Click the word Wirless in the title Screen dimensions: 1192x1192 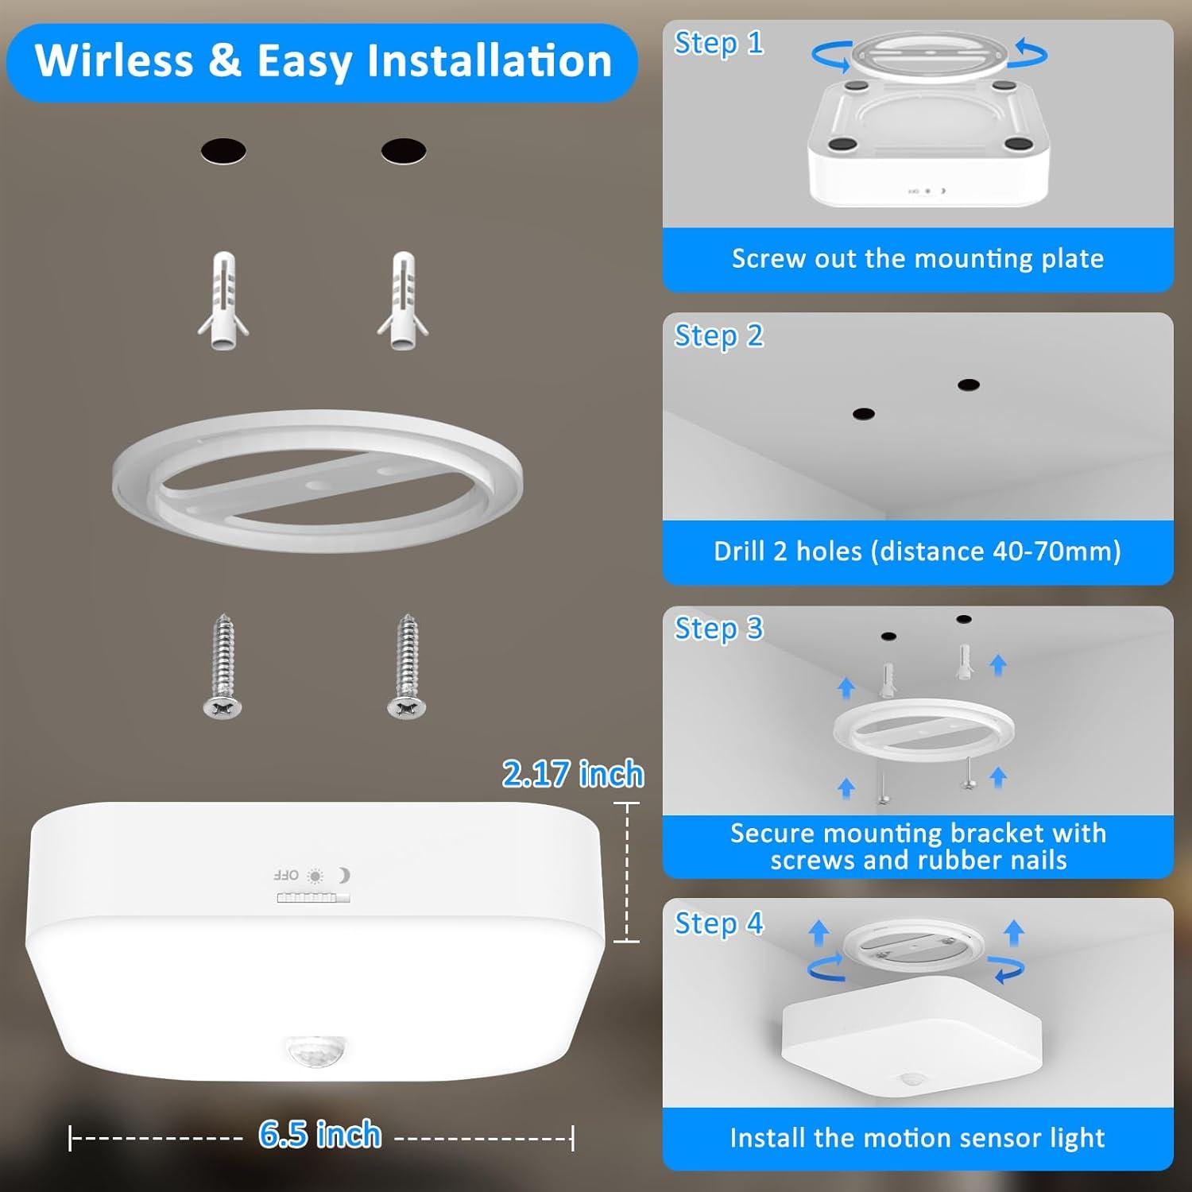pos(114,61)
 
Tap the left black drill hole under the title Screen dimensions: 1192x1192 pos(223,150)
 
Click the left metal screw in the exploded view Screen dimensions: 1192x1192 pos(223,667)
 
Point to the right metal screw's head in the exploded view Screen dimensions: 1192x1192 pos(406,706)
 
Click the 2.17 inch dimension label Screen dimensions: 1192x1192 pos(572,774)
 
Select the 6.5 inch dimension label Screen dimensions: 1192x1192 pos(320,1135)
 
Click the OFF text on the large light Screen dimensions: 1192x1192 pos(286,876)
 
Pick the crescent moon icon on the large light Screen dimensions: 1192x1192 pos(343,875)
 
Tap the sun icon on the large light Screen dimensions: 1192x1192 pos(315,876)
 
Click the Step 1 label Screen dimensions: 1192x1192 pos(718,43)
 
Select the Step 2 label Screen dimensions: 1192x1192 pos(718,336)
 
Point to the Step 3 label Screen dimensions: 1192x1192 pos(718,629)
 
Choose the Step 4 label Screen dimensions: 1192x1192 pos(718,923)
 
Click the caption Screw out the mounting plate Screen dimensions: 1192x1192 pos(918,259)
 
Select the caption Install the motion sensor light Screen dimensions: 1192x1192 pos(918,1138)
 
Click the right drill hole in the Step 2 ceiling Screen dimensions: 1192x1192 pos(968,385)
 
